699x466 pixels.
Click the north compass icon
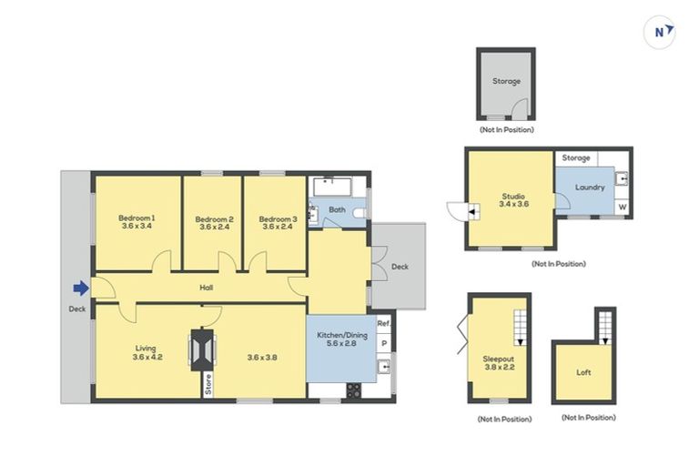pos(661,32)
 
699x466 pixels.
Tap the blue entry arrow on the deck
pos(80,289)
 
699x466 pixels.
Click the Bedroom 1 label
pos(137,222)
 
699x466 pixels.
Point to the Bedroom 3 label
pos(278,222)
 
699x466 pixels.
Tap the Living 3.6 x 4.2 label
pos(147,352)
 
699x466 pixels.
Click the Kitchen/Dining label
pos(341,340)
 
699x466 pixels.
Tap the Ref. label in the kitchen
pos(383,323)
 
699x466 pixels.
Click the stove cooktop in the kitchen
pos(353,390)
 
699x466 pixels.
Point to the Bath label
pos(337,210)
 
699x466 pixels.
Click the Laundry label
pos(591,187)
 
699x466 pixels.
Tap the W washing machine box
pos(623,207)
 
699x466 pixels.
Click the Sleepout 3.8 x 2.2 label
pos(499,364)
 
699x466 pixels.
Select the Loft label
pos(583,372)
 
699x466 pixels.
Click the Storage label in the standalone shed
pos(507,82)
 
